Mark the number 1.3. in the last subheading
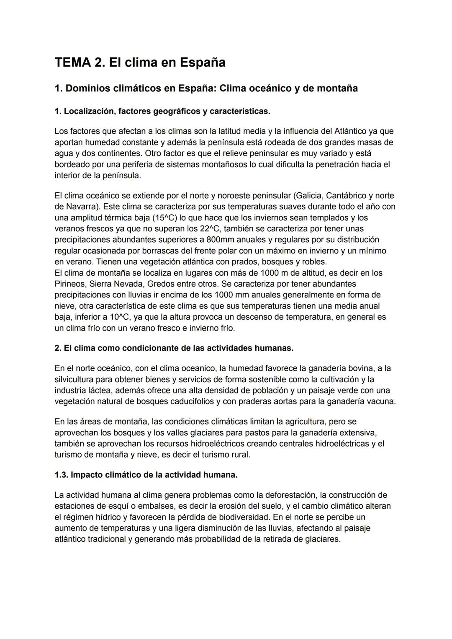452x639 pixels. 61,475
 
